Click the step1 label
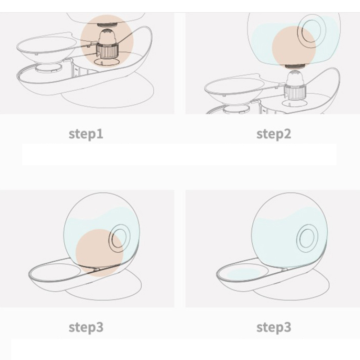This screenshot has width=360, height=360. [86, 134]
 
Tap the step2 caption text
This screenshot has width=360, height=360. [274, 134]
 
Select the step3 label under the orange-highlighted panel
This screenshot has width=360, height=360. [86, 328]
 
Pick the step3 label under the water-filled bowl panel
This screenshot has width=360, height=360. [274, 328]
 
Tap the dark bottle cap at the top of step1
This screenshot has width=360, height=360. [107, 25]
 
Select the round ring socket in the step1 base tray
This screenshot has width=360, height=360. [49, 68]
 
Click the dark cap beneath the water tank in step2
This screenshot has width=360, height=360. [295, 66]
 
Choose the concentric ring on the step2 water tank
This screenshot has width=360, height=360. [312, 31]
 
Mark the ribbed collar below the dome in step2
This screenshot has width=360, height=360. [295, 92]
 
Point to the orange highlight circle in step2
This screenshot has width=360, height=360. [294, 47]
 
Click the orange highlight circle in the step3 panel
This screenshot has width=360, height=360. [99, 253]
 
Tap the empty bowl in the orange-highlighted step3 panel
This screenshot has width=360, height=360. [56, 273]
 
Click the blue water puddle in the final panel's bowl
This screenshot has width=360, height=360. [243, 273]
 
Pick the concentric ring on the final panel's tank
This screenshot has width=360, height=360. [307, 238]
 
